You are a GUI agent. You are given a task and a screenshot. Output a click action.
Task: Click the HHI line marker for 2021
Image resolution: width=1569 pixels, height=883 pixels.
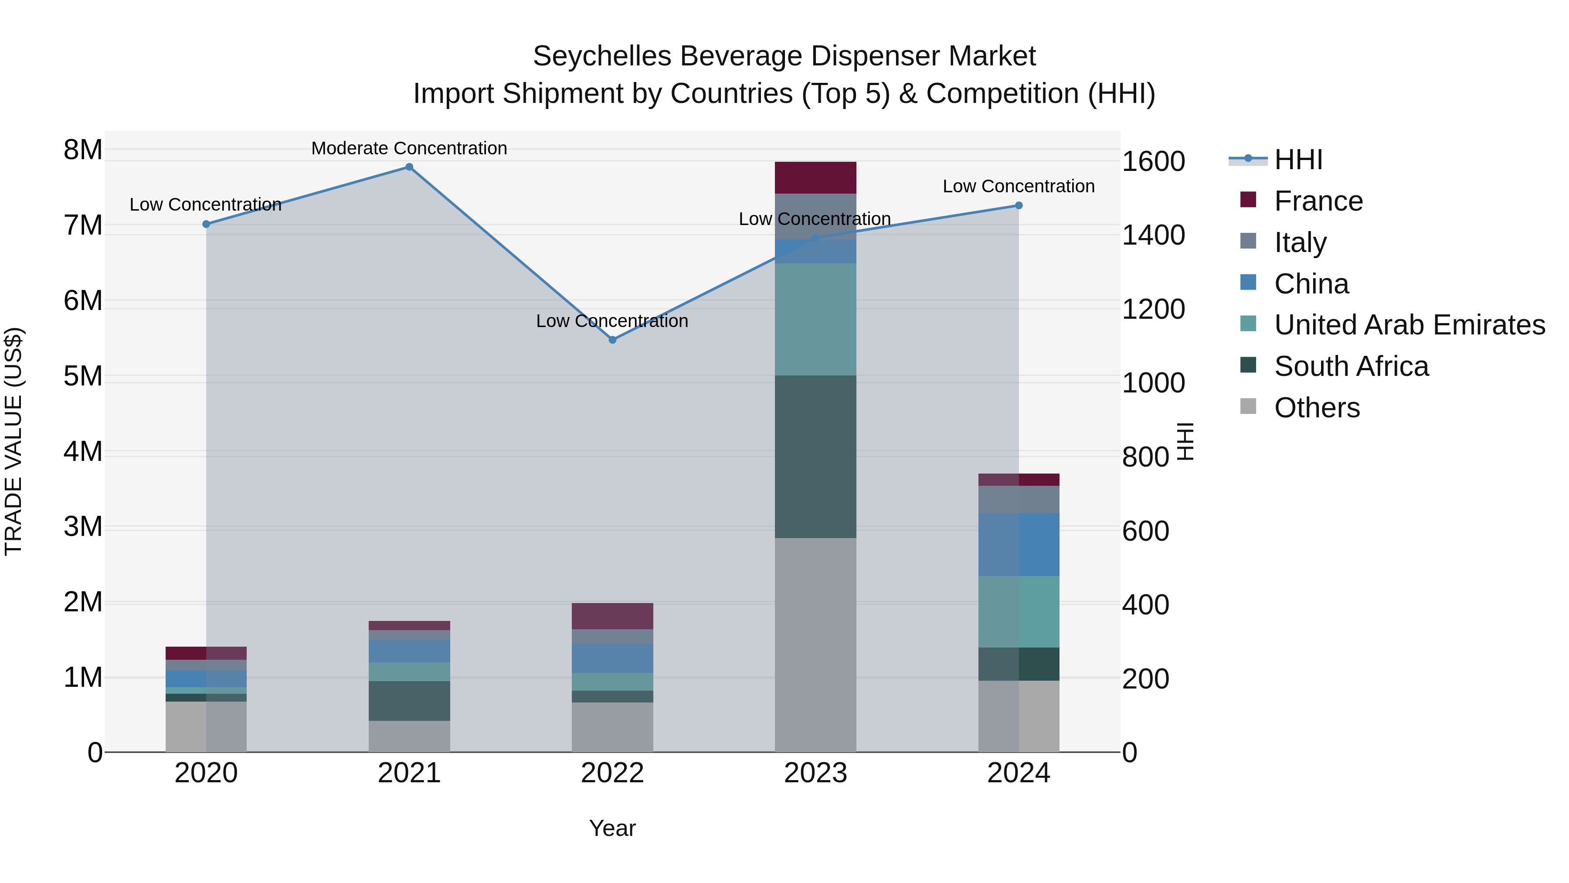409,167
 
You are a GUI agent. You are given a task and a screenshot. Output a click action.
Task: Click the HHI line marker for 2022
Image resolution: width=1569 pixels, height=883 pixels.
613,340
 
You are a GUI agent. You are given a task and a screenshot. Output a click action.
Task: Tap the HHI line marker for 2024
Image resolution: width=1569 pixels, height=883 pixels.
1019,206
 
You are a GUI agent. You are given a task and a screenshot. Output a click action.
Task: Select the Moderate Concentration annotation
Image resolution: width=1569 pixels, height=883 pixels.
409,148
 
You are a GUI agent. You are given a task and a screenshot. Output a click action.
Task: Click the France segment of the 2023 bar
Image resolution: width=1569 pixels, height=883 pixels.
815,177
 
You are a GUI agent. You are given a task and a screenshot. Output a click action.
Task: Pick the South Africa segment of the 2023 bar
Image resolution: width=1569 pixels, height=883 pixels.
815,457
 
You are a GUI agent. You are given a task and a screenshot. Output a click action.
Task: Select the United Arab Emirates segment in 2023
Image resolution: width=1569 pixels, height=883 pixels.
815,319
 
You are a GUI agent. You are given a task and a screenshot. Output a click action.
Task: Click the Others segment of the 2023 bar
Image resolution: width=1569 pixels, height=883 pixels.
815,645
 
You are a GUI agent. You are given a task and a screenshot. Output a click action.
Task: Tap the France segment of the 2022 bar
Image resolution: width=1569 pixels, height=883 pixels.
613,616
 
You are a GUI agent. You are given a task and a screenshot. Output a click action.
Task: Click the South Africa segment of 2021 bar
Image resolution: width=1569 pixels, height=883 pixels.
409,701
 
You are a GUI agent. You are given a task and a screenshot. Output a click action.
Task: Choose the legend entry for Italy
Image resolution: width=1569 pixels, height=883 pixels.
1301,242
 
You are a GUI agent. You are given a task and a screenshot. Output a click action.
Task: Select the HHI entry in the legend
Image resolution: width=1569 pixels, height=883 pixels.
1298,160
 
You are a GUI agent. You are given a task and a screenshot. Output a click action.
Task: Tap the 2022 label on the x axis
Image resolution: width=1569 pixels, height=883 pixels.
612,773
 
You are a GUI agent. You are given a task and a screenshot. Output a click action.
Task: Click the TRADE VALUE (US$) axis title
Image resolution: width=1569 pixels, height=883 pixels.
14,441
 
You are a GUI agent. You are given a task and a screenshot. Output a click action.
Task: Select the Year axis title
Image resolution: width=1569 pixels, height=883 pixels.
612,828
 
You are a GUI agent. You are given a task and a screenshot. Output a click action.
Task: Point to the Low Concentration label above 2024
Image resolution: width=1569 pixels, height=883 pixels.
1019,187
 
